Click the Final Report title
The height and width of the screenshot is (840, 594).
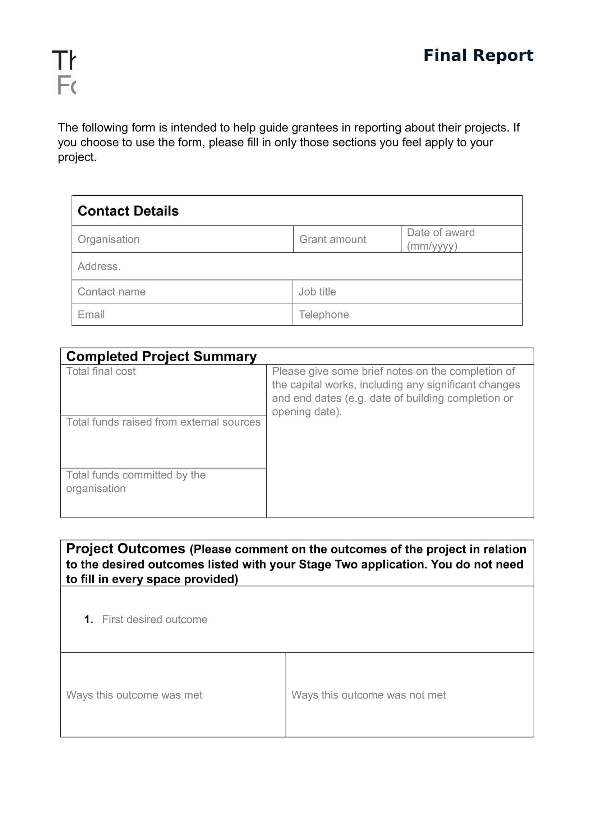(x=478, y=55)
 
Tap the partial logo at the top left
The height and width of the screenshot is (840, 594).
(x=64, y=72)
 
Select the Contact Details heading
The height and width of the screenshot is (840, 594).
(x=128, y=211)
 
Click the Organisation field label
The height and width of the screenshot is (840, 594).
(x=108, y=239)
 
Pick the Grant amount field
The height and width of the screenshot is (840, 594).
(x=332, y=239)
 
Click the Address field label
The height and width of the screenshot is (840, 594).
(x=99, y=266)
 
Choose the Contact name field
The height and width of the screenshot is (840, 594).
(x=112, y=292)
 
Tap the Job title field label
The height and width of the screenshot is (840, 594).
(x=317, y=292)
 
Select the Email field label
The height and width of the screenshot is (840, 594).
(x=91, y=315)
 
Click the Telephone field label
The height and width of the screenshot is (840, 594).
(x=323, y=315)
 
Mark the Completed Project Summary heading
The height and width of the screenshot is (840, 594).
(x=161, y=356)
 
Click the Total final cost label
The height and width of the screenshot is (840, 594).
(x=101, y=371)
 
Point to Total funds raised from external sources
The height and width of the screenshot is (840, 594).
(x=163, y=422)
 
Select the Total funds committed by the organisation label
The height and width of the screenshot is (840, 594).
(x=136, y=482)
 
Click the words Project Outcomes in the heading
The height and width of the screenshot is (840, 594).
(x=125, y=548)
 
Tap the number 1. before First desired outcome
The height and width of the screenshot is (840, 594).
(x=88, y=619)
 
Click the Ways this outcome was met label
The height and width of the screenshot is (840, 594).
(x=134, y=695)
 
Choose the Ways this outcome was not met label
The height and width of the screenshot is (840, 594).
(x=368, y=695)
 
